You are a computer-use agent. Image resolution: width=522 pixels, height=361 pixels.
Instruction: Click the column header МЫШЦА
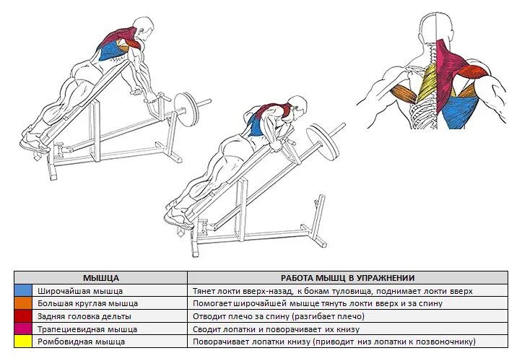point(101,278)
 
